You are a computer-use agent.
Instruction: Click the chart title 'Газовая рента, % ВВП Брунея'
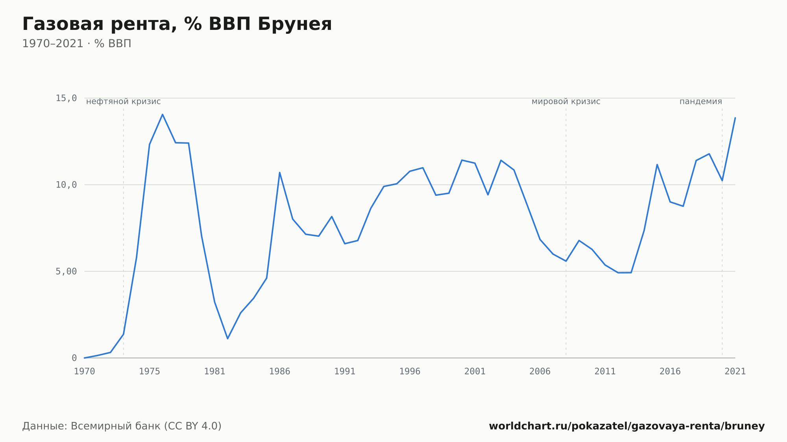tap(177, 24)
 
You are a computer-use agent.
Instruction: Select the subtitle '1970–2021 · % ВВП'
tap(77, 44)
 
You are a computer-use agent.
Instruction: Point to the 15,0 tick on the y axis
tap(66, 98)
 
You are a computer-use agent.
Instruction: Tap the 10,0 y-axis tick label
tap(66, 185)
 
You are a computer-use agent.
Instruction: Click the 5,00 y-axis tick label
tap(66, 271)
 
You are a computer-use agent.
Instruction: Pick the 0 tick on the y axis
tap(74, 358)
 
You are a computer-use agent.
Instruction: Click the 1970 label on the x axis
tap(85, 372)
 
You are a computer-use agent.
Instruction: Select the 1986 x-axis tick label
tap(280, 372)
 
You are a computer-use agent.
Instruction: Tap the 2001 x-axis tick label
tap(475, 372)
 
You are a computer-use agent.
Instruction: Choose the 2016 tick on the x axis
tap(670, 372)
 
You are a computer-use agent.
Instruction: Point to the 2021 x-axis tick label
tap(735, 372)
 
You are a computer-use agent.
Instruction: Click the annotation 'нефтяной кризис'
tap(124, 102)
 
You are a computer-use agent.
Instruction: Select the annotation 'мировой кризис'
tap(566, 102)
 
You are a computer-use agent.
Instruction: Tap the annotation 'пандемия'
tap(701, 102)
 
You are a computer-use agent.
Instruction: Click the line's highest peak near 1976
tap(163, 114)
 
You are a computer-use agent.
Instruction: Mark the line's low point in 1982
tap(227, 339)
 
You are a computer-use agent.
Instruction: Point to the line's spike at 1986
tap(280, 172)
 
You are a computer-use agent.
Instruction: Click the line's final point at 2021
tap(735, 118)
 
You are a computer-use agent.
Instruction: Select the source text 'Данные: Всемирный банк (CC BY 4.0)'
tap(122, 426)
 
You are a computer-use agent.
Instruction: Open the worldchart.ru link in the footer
tap(627, 426)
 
